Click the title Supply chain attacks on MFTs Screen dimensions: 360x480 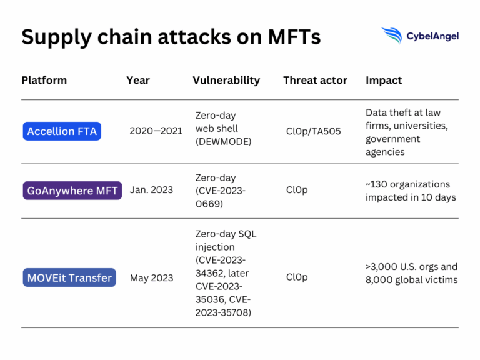click(x=171, y=37)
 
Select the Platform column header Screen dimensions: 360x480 click(x=44, y=80)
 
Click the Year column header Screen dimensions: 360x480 click(x=138, y=80)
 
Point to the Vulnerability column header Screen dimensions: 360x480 click(x=226, y=80)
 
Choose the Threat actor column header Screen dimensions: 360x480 click(x=315, y=80)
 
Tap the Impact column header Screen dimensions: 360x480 click(x=384, y=80)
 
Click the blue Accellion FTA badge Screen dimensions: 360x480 click(x=63, y=131)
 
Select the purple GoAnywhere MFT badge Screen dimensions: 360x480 click(x=72, y=191)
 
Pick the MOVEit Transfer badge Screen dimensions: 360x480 click(x=69, y=277)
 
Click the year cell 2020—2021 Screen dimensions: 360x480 click(x=156, y=131)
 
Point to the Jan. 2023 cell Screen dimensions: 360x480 click(x=151, y=191)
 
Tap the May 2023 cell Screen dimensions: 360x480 click(x=151, y=277)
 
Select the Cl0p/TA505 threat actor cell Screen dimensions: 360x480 click(x=313, y=131)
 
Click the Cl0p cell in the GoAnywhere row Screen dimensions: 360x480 click(x=297, y=191)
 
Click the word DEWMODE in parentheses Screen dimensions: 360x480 click(x=223, y=142)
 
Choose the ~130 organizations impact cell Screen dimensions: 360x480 click(x=411, y=191)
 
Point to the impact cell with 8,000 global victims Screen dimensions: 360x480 click(x=411, y=273)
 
